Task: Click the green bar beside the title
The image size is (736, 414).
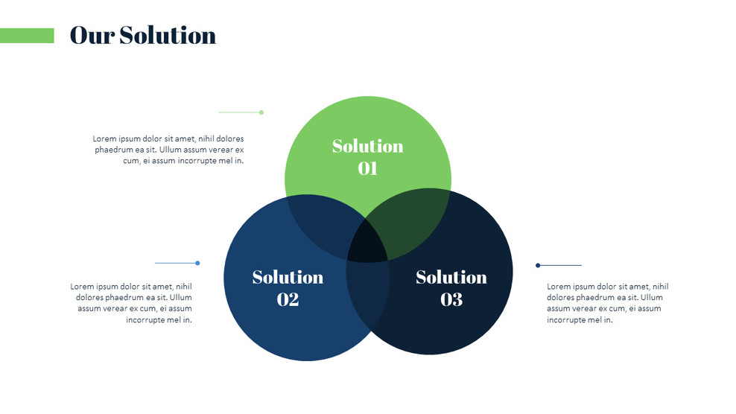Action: pyautogui.click(x=27, y=36)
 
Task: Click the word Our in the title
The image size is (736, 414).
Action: pyautogui.click(x=92, y=35)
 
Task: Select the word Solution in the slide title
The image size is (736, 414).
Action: pyautogui.click(x=168, y=35)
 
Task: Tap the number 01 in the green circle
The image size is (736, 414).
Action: pyautogui.click(x=367, y=168)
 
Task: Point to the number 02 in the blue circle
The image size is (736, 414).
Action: pyautogui.click(x=288, y=299)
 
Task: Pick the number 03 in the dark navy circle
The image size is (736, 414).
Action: pyautogui.click(x=451, y=299)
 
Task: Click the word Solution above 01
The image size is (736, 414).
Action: pyautogui.click(x=367, y=146)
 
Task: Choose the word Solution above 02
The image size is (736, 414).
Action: pyautogui.click(x=288, y=277)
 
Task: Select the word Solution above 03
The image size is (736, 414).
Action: pyautogui.click(x=451, y=277)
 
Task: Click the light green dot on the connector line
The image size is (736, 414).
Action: pyautogui.click(x=261, y=112)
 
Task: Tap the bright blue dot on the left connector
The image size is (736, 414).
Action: pyautogui.click(x=197, y=263)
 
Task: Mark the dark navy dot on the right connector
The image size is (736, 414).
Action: pyautogui.click(x=538, y=265)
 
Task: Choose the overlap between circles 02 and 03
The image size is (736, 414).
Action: pyautogui.click(x=368, y=294)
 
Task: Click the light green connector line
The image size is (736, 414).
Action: pyautogui.click(x=238, y=112)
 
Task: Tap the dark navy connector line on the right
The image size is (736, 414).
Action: pyautogui.click(x=560, y=265)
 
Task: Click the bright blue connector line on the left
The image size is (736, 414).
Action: pyautogui.click(x=175, y=263)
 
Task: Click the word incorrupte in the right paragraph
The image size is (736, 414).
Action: pyautogui.click(x=568, y=319)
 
